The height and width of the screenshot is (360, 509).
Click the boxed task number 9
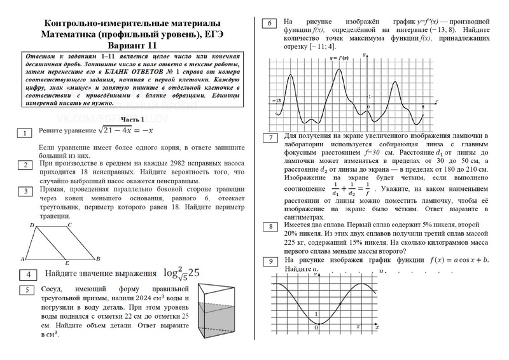pyautogui.click(x=270, y=262)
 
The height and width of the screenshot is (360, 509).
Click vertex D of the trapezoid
pyautogui.click(x=32, y=226)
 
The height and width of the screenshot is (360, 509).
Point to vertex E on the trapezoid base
pyautogui.click(x=67, y=261)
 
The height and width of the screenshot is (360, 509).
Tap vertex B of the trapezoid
pyautogui.click(x=97, y=258)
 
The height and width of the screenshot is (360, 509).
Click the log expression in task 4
pyautogui.click(x=181, y=272)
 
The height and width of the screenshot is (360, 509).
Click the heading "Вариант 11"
pyautogui.click(x=132, y=46)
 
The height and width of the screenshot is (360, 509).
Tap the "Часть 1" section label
pyautogui.click(x=133, y=120)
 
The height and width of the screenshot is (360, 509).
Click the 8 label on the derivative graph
pyautogui.click(x=422, y=106)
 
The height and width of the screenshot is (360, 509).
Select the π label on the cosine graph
pyautogui.click(x=358, y=326)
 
